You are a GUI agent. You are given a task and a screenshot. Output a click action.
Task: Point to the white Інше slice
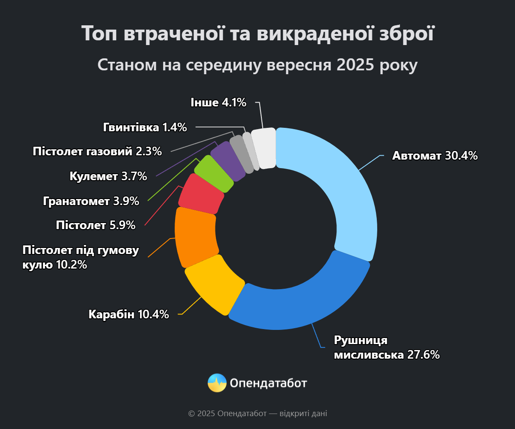coord(264,148)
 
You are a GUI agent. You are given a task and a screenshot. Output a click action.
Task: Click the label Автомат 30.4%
coord(435,155)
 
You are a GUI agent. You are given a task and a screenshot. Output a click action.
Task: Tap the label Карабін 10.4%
coord(129,314)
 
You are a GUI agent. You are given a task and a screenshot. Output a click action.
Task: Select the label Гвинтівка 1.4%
coord(145,127)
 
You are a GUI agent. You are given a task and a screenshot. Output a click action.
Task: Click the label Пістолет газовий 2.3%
coord(97,151)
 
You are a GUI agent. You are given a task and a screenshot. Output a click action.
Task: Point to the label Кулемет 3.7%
coord(108,176)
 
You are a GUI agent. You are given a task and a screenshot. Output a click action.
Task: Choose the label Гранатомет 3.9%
coord(91,201)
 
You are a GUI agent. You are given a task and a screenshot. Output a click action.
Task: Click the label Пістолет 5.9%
coord(95,225)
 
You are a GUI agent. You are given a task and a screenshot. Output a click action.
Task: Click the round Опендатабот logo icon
coord(217,383)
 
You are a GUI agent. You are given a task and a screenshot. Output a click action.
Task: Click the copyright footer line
coord(257,414)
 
